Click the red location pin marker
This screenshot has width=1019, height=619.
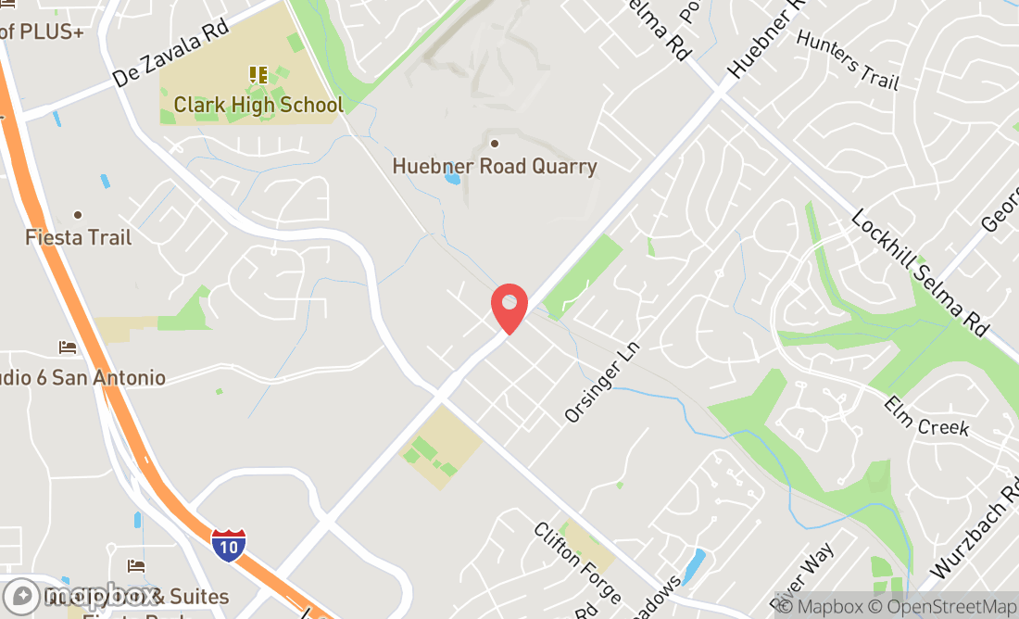coord(509,307)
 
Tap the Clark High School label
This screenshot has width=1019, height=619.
coord(258,105)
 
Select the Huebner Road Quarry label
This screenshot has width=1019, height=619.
coord(495,167)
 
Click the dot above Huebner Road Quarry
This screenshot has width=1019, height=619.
coord(495,143)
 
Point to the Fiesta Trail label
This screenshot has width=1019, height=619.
coord(78,237)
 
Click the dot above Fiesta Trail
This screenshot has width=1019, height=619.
coord(78,215)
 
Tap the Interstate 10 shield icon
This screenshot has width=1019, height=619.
coord(229,545)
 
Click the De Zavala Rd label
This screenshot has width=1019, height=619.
coord(171,54)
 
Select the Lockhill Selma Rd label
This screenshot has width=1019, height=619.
coord(921,272)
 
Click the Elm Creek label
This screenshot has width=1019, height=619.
coord(925,416)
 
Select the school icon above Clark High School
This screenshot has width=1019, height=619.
coord(258,74)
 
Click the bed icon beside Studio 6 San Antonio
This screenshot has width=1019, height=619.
coord(68,347)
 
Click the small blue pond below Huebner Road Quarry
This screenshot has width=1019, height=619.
coord(452,176)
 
